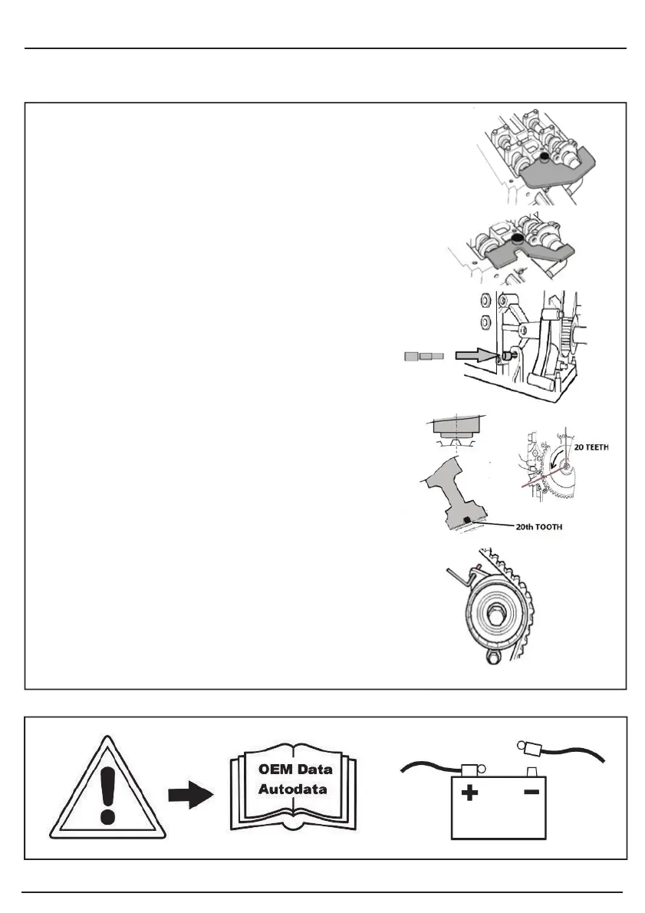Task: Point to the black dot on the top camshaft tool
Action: pos(544,157)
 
